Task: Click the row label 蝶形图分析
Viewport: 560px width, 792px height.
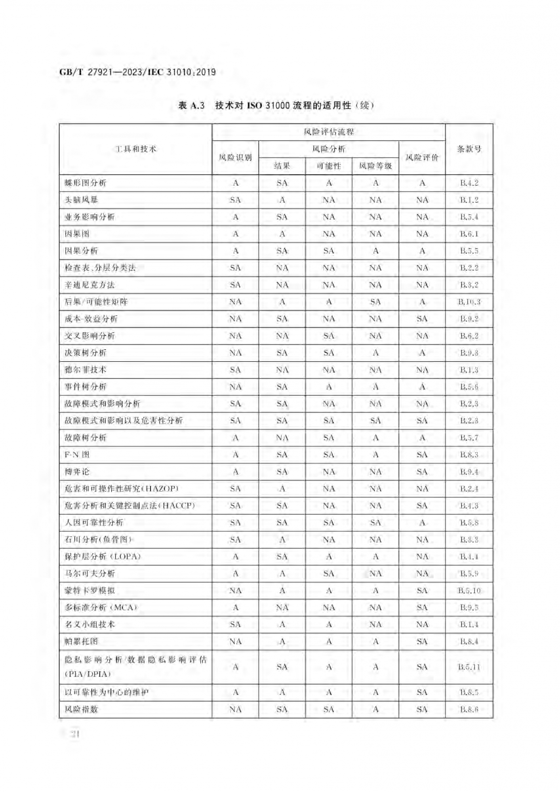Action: pos(86,183)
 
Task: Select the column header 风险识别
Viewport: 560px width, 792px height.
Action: pos(235,158)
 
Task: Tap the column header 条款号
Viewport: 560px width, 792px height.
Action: pos(469,149)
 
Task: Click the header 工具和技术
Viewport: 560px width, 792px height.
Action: pos(135,149)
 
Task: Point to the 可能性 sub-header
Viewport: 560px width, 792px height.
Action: pos(329,166)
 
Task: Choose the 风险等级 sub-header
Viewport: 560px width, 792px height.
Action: pos(375,166)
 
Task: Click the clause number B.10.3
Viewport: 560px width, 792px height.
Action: pos(469,302)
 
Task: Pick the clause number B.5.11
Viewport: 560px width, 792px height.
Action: pos(469,667)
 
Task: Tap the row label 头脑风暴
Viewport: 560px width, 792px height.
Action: pos(81,200)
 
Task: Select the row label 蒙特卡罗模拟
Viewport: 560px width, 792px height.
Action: pos(90,590)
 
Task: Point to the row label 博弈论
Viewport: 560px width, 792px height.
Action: pos(77,472)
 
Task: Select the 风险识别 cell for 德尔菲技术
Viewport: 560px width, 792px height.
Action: pos(235,370)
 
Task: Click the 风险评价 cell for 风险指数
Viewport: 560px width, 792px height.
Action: pos(422,709)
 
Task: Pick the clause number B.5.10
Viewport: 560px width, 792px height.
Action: pos(469,590)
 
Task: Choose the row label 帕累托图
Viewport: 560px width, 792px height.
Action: pos(81,642)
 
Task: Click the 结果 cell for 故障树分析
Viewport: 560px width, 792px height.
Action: pos(282,438)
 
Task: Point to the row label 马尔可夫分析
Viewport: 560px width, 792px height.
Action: pos(90,573)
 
